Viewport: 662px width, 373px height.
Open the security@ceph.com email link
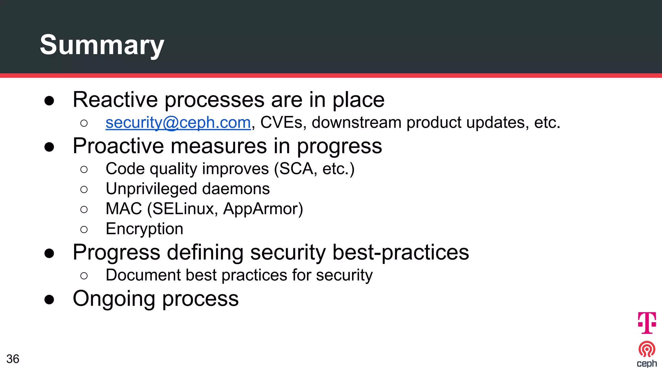178,123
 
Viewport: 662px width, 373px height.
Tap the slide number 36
13,359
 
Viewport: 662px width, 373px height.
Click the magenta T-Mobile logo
647,322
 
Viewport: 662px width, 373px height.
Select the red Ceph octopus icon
647,349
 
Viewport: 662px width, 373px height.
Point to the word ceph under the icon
647,364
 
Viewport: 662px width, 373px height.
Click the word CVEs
281,123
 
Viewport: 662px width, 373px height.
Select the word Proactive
118,146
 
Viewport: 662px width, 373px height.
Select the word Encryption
144,229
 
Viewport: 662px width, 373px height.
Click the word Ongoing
114,299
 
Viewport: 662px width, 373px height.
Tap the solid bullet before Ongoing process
49,300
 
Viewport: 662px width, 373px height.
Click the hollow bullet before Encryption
84,230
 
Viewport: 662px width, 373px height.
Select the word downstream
356,123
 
